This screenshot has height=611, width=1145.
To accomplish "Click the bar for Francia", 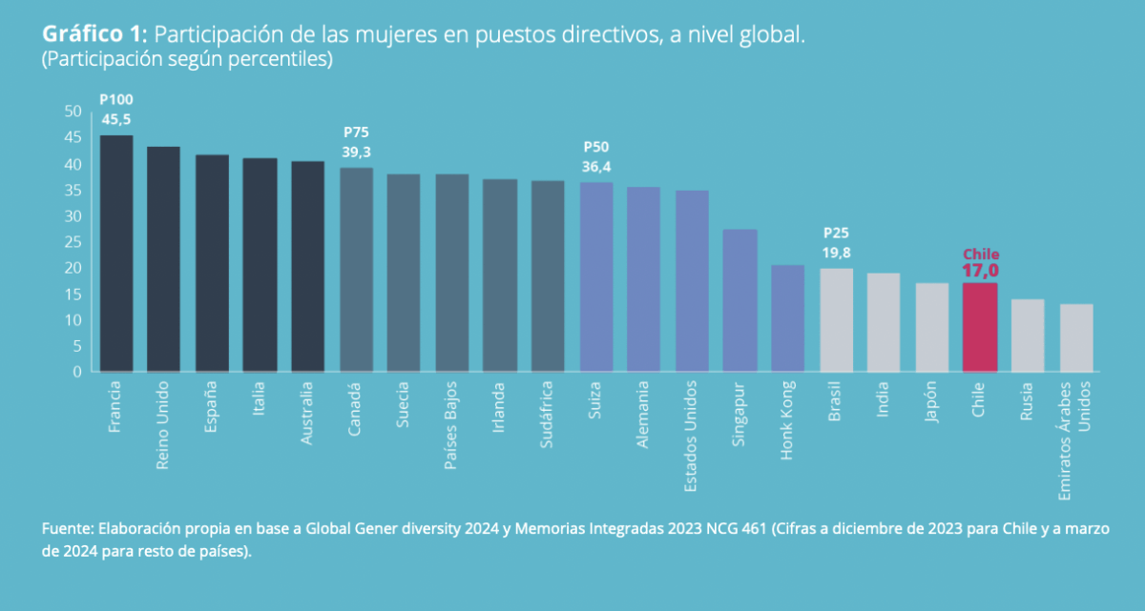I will [116, 254].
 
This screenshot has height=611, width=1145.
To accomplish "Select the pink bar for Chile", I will [980, 327].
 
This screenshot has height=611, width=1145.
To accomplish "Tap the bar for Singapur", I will [739, 300].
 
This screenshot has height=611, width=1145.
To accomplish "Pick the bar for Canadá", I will [357, 270].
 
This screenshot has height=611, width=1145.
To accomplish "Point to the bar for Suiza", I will [596, 276].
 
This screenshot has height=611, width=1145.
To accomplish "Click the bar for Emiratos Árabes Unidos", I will [1076, 337].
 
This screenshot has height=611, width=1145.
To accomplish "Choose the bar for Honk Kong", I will [788, 318].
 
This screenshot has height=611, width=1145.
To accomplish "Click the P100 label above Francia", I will [116, 100].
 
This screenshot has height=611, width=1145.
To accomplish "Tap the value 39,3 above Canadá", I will [357, 152].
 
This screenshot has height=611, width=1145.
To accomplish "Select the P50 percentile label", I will [596, 147].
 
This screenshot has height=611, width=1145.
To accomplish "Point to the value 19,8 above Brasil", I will [836, 252].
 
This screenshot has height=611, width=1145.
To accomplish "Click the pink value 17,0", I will [980, 271].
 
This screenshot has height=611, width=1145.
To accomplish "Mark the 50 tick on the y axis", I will [73, 112].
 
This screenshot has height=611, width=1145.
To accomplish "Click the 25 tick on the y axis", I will [73, 242].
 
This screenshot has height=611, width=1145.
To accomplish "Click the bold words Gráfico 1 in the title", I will [93, 35].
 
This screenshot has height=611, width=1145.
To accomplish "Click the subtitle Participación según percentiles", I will [186, 59].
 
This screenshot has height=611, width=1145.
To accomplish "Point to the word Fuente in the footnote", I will [64, 528].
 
